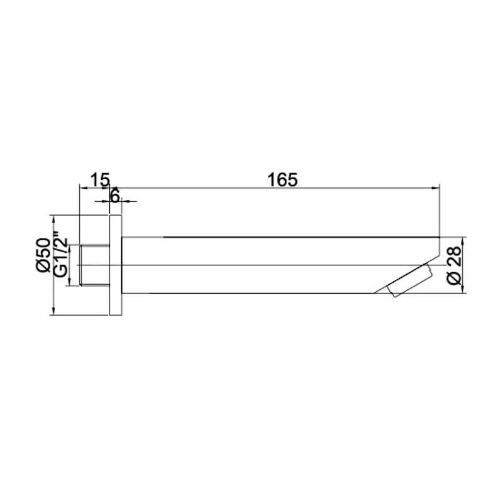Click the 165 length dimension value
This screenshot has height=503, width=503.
tap(282, 179)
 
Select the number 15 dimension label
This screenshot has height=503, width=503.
tap(99, 180)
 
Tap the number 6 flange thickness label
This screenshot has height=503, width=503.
tap(115, 196)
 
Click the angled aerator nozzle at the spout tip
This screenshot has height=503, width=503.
tap(412, 281)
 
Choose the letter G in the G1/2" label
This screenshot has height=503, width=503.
tap(60, 271)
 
